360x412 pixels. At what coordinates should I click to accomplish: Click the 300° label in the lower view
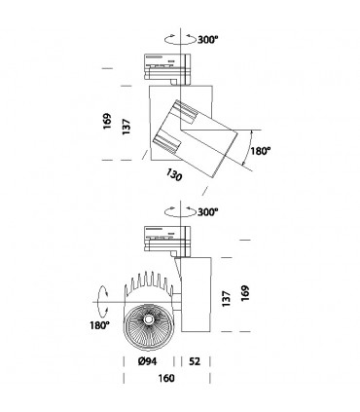(x=207, y=212)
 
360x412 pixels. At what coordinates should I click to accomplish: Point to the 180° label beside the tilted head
(x=259, y=152)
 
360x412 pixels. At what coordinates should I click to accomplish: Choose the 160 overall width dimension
(x=170, y=381)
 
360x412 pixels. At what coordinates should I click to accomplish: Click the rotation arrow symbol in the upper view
(x=175, y=42)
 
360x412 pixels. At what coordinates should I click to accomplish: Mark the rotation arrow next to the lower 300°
(x=175, y=212)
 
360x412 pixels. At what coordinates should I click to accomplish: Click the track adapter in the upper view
(x=166, y=65)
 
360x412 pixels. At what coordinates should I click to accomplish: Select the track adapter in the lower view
(x=166, y=236)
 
